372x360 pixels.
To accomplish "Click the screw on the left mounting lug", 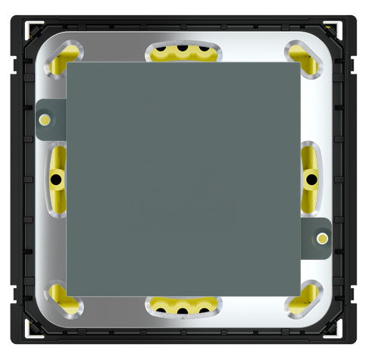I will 45,120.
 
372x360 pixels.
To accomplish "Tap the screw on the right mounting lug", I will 323,239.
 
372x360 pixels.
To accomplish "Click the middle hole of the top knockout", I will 183,52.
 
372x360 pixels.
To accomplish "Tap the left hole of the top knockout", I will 161,53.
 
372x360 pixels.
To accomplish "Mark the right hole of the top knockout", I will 204,53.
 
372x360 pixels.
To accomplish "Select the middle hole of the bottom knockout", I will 183,308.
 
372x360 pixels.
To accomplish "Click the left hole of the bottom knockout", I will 161,306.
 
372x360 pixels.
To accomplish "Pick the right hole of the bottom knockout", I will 204,306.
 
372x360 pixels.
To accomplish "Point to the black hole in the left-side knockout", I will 55,180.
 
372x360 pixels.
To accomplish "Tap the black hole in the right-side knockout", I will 311,179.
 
